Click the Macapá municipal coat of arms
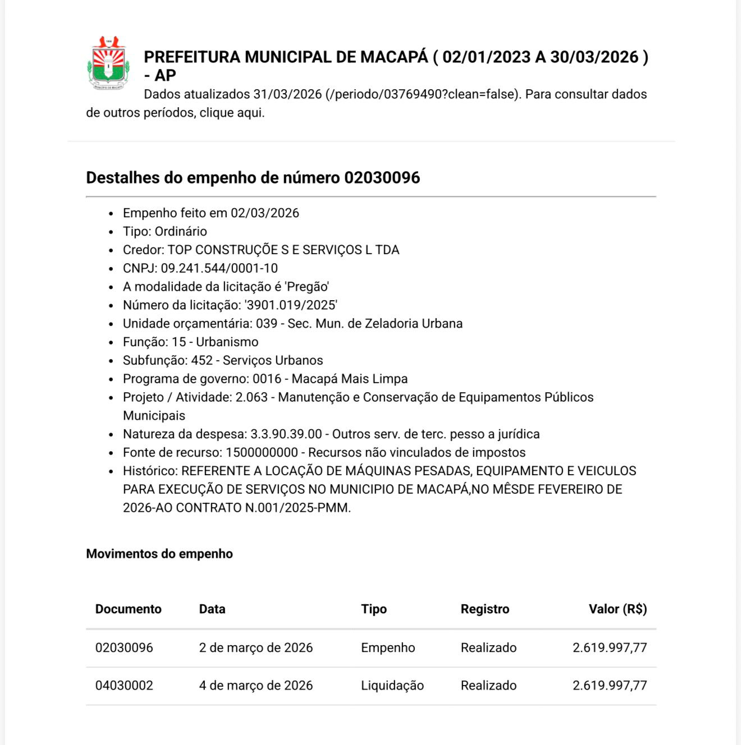(x=109, y=63)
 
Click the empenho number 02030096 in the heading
(x=382, y=178)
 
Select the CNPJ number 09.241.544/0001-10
(x=219, y=268)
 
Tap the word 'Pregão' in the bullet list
(x=307, y=287)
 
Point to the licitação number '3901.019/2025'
(x=291, y=305)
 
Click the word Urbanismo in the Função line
(x=227, y=342)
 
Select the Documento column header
(x=128, y=609)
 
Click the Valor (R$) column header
(x=617, y=609)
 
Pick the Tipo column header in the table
(x=374, y=609)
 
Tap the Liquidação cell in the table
(x=392, y=686)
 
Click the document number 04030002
(x=124, y=686)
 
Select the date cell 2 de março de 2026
(x=256, y=648)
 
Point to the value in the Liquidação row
(x=610, y=686)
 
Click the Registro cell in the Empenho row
(x=488, y=648)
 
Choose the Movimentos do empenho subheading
(x=159, y=554)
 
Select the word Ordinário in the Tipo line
(x=181, y=232)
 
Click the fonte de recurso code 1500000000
(x=262, y=453)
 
